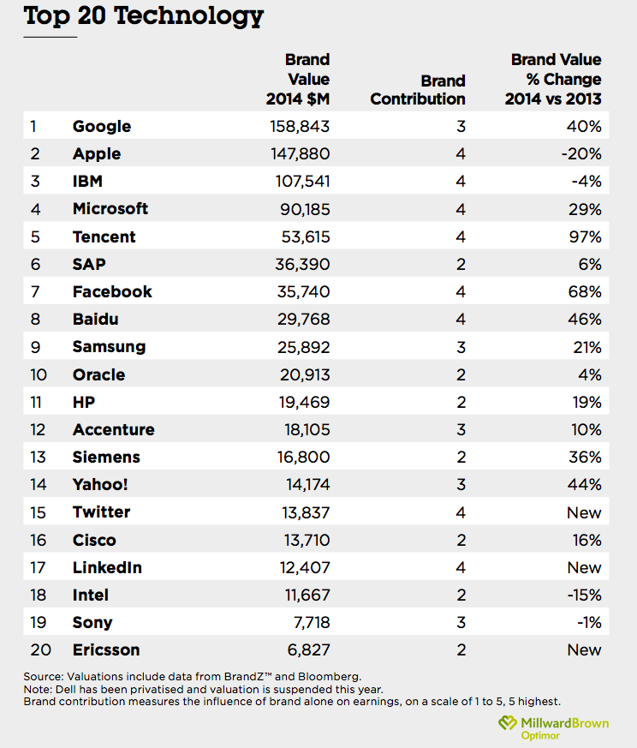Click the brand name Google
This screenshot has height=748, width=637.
pos(102,127)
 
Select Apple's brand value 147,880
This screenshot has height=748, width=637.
pos(301,153)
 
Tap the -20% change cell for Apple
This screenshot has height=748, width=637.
pos(581,153)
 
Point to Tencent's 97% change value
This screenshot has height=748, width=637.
pos(585,236)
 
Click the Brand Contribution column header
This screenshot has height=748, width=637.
pos(418,90)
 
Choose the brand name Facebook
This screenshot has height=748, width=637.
pos(112,291)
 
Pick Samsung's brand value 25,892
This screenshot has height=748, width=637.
pos(304,347)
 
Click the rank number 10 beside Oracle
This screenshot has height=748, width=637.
pos(39,374)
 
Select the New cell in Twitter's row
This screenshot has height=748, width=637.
pos(584,512)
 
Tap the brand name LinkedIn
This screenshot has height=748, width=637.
pos(107,567)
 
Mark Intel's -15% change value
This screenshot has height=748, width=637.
pos(585,595)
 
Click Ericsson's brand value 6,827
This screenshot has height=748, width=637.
pos(308,649)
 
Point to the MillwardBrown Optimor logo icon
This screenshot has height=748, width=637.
pos(508,722)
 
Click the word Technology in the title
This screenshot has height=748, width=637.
pos(188,16)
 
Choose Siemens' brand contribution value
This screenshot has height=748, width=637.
pos(461,457)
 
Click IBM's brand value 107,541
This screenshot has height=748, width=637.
pos(303,182)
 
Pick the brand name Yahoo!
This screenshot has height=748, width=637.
pos(100,485)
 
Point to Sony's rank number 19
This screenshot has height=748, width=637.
pos(39,623)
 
